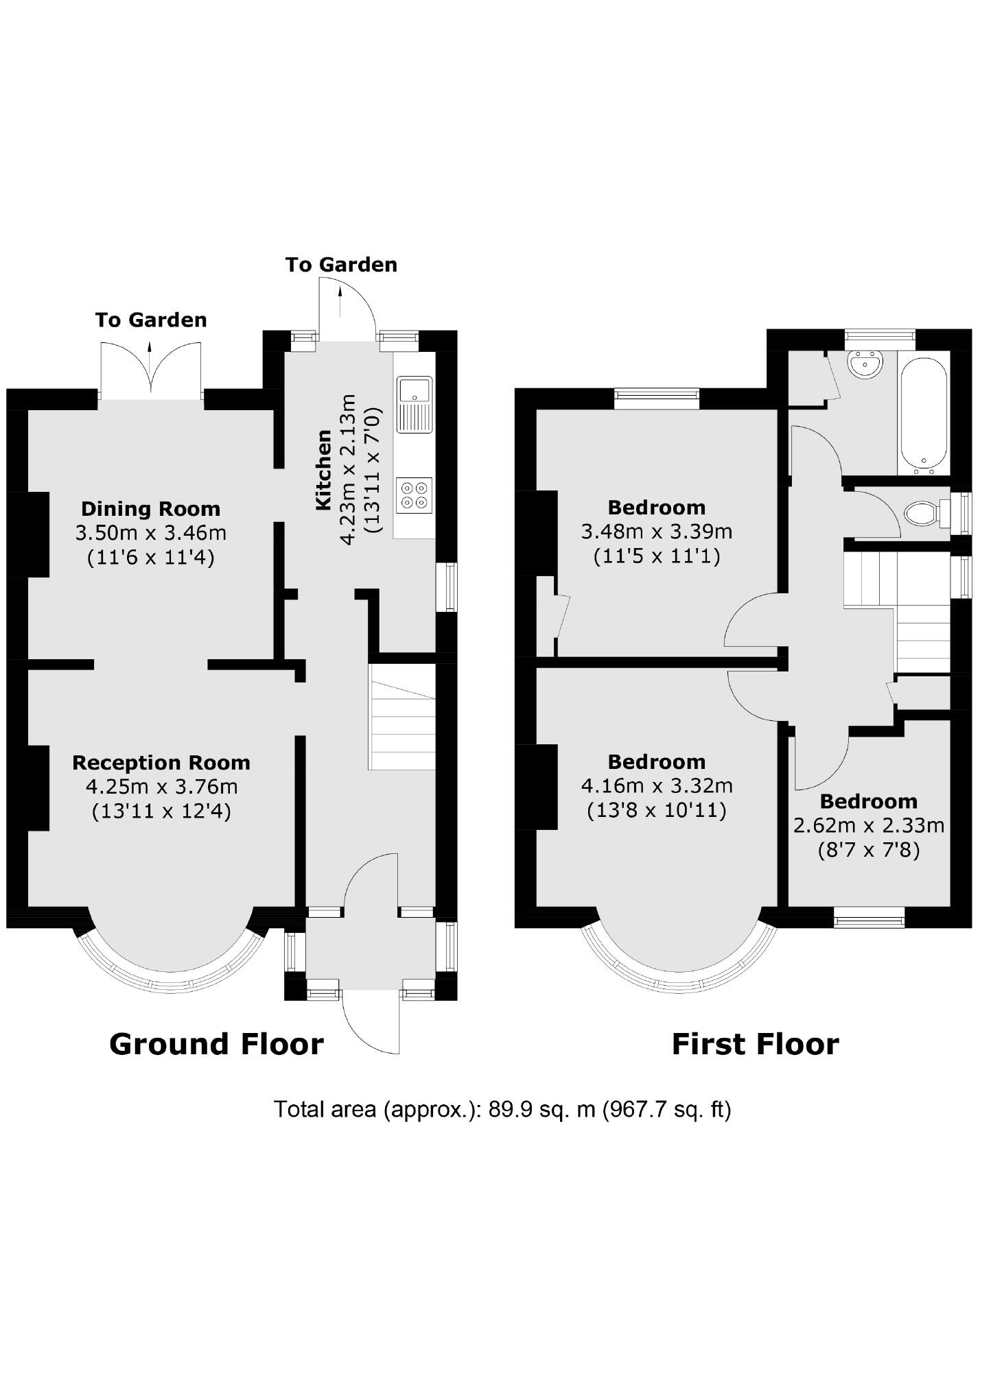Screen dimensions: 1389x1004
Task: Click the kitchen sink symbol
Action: pos(414,404)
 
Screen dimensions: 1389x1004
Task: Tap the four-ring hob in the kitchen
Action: pos(415,495)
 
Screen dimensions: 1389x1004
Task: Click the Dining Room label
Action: pos(151,509)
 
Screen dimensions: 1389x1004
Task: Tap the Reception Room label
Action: pos(161,763)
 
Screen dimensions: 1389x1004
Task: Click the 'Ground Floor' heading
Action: pos(216,1044)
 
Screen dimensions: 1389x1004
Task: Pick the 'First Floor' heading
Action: pos(755,1044)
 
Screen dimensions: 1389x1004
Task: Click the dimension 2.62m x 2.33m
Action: pos(869,825)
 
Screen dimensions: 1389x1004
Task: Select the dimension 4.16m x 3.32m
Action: pos(657,785)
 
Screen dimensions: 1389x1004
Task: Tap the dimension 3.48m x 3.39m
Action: pos(657,532)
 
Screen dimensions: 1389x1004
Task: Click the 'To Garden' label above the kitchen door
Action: pos(341,265)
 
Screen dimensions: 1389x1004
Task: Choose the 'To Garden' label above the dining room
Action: pos(151,320)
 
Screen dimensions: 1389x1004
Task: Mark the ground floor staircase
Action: pos(403,717)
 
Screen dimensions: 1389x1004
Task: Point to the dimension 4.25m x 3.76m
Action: pos(161,787)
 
